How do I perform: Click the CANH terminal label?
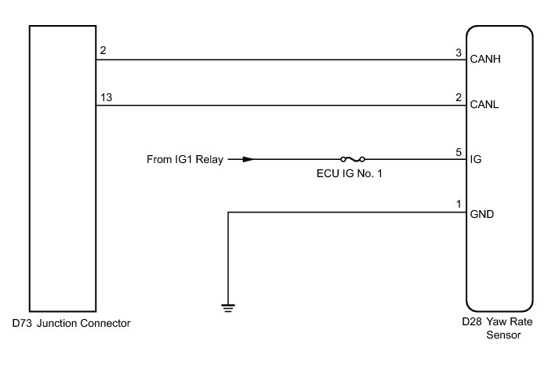(x=485, y=59)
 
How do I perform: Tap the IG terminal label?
(x=476, y=159)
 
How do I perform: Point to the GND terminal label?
(x=482, y=213)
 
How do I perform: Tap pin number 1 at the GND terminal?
(x=459, y=205)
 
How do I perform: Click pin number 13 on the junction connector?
(x=106, y=98)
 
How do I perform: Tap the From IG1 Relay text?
(x=185, y=160)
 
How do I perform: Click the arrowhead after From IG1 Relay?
(x=248, y=159)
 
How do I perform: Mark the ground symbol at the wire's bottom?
(x=228, y=306)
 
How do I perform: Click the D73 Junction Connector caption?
(x=71, y=323)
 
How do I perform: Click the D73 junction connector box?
(x=61, y=169)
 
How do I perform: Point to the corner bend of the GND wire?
(x=228, y=212)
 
